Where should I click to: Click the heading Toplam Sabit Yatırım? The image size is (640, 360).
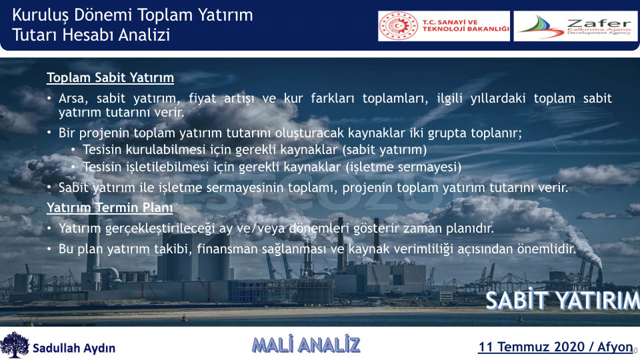coord(110,77)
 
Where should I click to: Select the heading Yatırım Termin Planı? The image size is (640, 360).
coord(110,207)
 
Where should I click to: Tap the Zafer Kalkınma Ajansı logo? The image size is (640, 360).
coord(575,26)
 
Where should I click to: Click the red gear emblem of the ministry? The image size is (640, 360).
coord(399,26)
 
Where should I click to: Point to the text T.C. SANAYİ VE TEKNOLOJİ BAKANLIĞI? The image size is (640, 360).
coord(466,26)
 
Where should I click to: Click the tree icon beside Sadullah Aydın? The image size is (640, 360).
coord(15,345)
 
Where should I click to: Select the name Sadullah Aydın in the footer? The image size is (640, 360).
coord(74,348)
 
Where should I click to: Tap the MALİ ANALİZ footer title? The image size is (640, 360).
coord(306,345)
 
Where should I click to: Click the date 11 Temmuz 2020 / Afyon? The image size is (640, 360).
coord(555,347)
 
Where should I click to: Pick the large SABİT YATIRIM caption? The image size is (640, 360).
coord(563,301)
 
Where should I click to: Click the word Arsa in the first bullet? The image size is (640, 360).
coord(71,99)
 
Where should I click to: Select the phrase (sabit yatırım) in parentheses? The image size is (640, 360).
coord(384,150)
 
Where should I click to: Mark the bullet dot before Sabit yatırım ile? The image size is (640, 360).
coord(49,187)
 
